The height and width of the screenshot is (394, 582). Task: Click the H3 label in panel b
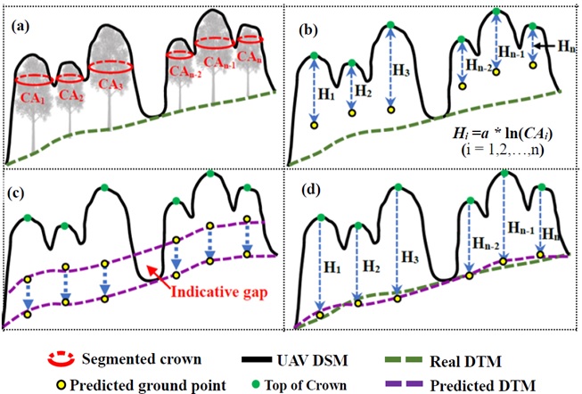tap(403, 70)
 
